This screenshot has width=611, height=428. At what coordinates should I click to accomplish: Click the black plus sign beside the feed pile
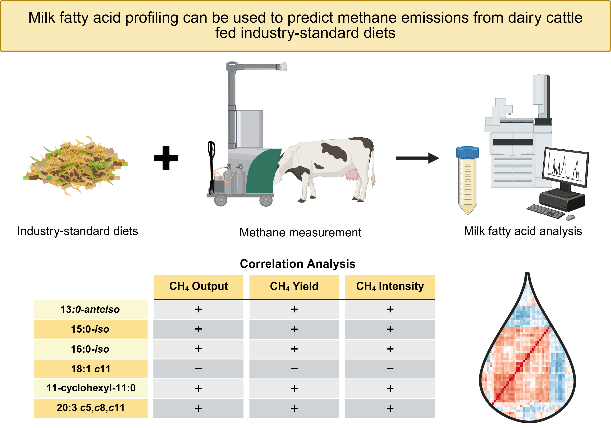pyautogui.click(x=166, y=158)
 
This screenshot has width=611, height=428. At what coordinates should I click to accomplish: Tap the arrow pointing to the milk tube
pyautogui.click(x=417, y=158)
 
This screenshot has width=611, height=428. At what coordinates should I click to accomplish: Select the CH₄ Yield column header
pyautogui.click(x=294, y=287)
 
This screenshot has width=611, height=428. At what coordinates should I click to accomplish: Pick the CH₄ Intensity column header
pyautogui.click(x=390, y=287)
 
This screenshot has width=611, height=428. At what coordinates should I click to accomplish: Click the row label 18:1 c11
pyautogui.click(x=91, y=369)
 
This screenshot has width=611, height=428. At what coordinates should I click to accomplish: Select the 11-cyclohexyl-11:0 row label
pyautogui.click(x=91, y=388)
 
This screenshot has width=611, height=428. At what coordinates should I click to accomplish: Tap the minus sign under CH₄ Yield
pyautogui.click(x=294, y=369)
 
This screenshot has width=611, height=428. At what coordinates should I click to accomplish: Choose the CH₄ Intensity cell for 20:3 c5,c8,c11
pyautogui.click(x=390, y=408)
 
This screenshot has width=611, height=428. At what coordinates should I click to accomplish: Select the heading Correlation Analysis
pyautogui.click(x=298, y=264)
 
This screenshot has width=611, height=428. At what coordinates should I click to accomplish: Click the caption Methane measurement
pyautogui.click(x=300, y=233)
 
